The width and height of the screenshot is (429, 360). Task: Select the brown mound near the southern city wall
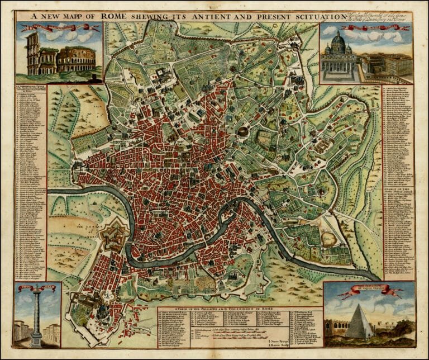(330, 239)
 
